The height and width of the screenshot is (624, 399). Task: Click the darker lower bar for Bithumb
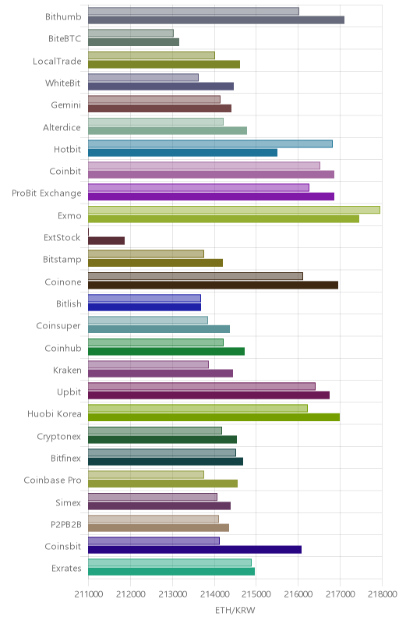pos(216,20)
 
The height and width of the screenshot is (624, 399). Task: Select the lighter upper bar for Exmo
pos(234,210)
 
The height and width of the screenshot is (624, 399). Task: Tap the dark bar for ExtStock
pos(107,241)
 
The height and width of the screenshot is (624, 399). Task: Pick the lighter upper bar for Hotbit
pos(210,144)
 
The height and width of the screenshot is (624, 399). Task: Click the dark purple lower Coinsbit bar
pos(195,550)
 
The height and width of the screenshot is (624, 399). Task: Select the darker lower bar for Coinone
pos(213,285)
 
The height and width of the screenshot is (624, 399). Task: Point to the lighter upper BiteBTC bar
pos(131,33)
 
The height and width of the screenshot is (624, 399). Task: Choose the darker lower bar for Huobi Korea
pos(214,417)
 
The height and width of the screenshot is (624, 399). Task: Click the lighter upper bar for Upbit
pos(202,386)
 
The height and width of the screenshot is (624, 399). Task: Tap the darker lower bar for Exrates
pos(171,572)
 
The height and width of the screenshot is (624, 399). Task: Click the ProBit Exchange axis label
pos(47,193)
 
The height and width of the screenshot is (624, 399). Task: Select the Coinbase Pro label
pos(52,480)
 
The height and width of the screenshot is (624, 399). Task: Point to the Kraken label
pos(67,370)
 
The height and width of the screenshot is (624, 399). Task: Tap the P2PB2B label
pos(66,525)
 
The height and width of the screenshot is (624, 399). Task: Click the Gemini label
pos(66,105)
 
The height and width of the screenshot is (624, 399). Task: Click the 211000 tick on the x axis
pos(89,594)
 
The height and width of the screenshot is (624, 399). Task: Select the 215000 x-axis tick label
pos(256,594)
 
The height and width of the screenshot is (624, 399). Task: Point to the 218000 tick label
pos(383,594)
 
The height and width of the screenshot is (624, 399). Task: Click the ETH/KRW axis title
pos(235,611)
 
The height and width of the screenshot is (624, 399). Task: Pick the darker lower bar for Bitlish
pos(145,307)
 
